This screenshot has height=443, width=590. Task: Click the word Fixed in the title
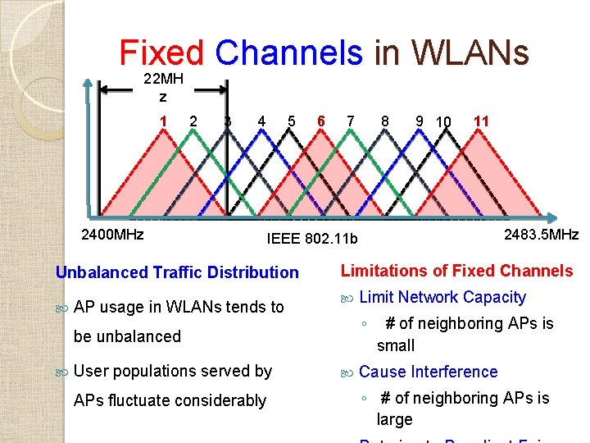pyautogui.click(x=162, y=53)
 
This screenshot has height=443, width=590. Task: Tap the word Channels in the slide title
pyautogui.click(x=288, y=53)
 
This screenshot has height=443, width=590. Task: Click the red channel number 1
pyautogui.click(x=164, y=121)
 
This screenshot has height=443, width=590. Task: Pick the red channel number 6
pyautogui.click(x=321, y=121)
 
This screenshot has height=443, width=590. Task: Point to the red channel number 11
pyautogui.click(x=481, y=121)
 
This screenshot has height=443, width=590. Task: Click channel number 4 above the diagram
pyautogui.click(x=261, y=121)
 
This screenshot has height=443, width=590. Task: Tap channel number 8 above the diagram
pyautogui.click(x=384, y=121)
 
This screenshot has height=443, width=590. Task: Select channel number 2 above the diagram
pyautogui.click(x=193, y=121)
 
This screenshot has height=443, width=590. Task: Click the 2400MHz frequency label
pyautogui.click(x=112, y=235)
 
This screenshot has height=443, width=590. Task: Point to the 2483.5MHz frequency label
pyautogui.click(x=541, y=235)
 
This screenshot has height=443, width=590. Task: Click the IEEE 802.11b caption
pyautogui.click(x=313, y=239)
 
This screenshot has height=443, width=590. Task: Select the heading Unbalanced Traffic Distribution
pyautogui.click(x=176, y=272)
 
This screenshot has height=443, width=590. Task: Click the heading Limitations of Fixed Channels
pyautogui.click(x=456, y=271)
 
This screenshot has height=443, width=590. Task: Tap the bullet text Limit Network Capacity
pyautogui.click(x=442, y=297)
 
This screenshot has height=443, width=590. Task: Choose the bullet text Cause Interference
pyautogui.click(x=428, y=372)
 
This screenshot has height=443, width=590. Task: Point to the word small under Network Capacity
pyautogui.click(x=396, y=345)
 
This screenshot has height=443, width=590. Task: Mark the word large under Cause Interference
pyautogui.click(x=394, y=419)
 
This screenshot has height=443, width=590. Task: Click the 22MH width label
pyautogui.click(x=163, y=80)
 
